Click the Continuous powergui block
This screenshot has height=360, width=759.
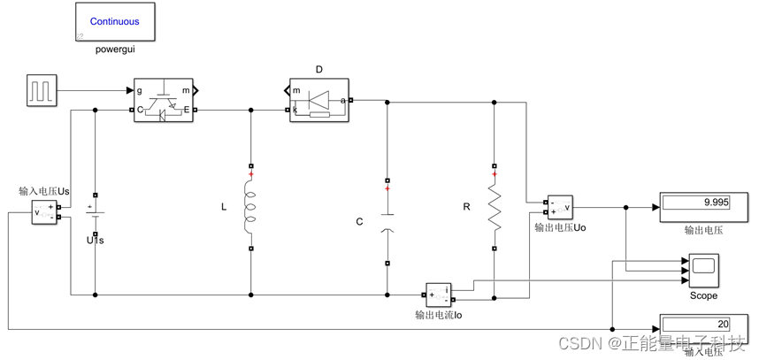(114, 21)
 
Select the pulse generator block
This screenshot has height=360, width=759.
(42, 91)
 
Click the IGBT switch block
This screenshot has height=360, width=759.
(163, 100)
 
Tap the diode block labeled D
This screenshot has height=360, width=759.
(318, 100)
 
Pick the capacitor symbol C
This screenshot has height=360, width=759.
(387, 221)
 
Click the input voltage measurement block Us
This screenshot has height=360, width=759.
(43, 212)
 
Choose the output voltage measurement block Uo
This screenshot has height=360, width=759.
(559, 208)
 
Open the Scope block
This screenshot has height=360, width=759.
(703, 269)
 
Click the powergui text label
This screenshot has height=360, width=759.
(114, 50)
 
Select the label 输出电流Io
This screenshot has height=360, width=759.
(439, 314)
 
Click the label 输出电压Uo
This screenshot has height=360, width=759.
(560, 227)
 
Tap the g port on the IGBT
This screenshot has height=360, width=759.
(140, 90)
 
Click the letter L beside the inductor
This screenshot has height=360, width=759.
(223, 207)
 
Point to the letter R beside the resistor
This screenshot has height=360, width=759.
(466, 207)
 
